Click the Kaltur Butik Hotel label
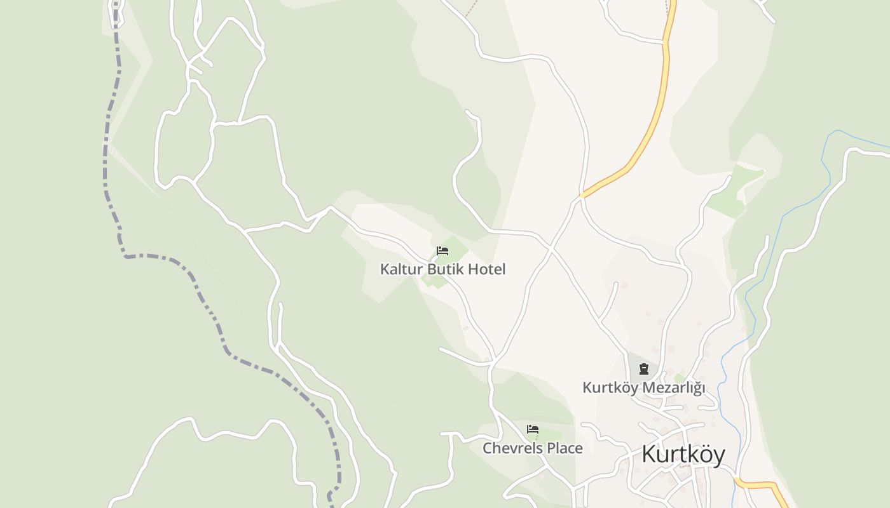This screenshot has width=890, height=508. tap(442, 269)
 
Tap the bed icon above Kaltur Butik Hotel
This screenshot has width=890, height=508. tap(442, 251)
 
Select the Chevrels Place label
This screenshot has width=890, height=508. tap(532, 448)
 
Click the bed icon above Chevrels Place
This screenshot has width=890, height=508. tap(533, 429)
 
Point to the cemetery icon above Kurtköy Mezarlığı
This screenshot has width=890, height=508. tap(644, 369)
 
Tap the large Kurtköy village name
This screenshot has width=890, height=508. tap(683, 455)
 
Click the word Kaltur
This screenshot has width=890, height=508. tap(401, 269)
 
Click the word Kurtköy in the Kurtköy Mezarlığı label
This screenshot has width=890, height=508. tap(610, 387)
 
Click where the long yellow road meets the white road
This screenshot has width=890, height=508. tap(581, 196)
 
